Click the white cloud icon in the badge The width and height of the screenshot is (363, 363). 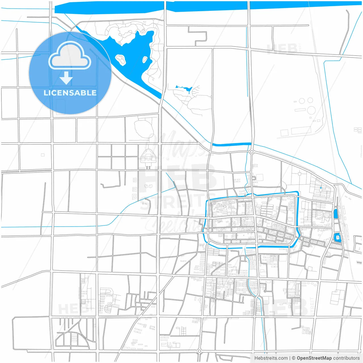click(70, 56)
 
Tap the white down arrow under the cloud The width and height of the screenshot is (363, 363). click(66, 78)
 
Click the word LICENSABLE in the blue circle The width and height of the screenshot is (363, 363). click(70, 93)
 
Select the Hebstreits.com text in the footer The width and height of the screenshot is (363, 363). click(271, 358)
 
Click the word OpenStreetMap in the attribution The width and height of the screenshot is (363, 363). click(314, 358)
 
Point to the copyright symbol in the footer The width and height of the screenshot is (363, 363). click(294, 358)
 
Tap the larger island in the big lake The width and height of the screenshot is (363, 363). click(121, 59)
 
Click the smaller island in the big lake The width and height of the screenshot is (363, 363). click(145, 60)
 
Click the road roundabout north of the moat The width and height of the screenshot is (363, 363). click(252, 152)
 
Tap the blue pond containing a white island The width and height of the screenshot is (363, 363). click(337, 237)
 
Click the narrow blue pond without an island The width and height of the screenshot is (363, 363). click(335, 213)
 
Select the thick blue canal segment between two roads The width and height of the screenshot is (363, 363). click(231, 144)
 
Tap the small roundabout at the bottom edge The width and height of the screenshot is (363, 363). click(199, 351)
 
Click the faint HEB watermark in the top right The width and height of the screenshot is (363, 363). click(282, 49)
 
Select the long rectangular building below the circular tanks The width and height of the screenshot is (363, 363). click(301, 131)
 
